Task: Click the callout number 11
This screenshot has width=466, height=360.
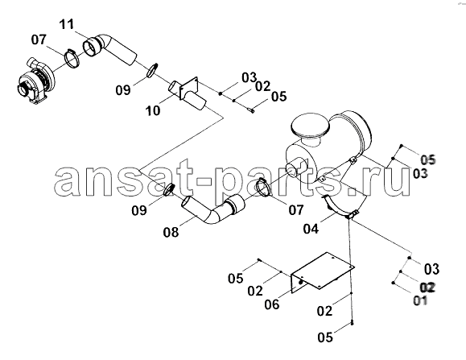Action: click(67, 24)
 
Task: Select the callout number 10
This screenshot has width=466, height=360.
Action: click(153, 110)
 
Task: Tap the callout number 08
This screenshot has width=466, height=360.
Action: click(171, 232)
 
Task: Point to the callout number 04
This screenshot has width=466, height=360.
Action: click(311, 229)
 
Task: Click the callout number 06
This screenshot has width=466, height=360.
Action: click(272, 304)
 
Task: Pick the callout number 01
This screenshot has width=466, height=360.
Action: click(421, 300)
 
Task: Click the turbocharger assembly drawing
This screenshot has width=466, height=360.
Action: click(35, 80)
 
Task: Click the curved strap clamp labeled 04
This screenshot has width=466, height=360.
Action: click(340, 208)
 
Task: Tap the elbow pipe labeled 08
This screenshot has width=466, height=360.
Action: click(212, 209)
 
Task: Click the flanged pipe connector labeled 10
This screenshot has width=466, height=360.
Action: click(188, 94)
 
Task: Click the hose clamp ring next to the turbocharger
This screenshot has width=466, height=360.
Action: click(72, 57)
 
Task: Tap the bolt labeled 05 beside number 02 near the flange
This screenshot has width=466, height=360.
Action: click(252, 111)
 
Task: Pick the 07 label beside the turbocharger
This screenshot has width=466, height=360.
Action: click(39, 39)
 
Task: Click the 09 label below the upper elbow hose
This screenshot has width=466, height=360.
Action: click(123, 89)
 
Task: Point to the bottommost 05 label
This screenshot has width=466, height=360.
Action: click(325, 337)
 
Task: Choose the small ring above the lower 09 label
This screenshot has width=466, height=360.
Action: click(169, 189)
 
